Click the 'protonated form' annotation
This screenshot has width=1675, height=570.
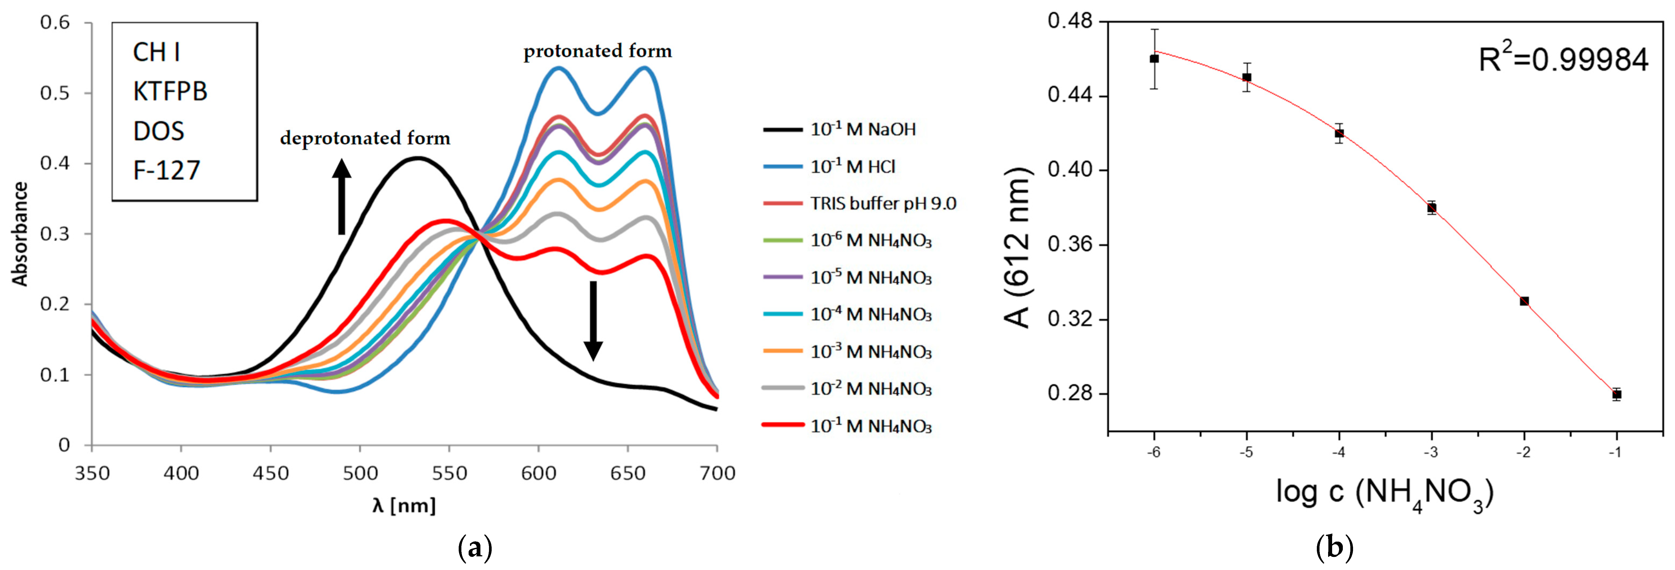[x=598, y=51]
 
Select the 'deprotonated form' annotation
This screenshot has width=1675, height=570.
[x=365, y=138]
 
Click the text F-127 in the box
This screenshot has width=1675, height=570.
[x=166, y=170]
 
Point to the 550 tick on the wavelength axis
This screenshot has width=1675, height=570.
[x=449, y=473]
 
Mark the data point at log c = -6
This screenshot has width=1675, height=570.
[x=1154, y=58]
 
